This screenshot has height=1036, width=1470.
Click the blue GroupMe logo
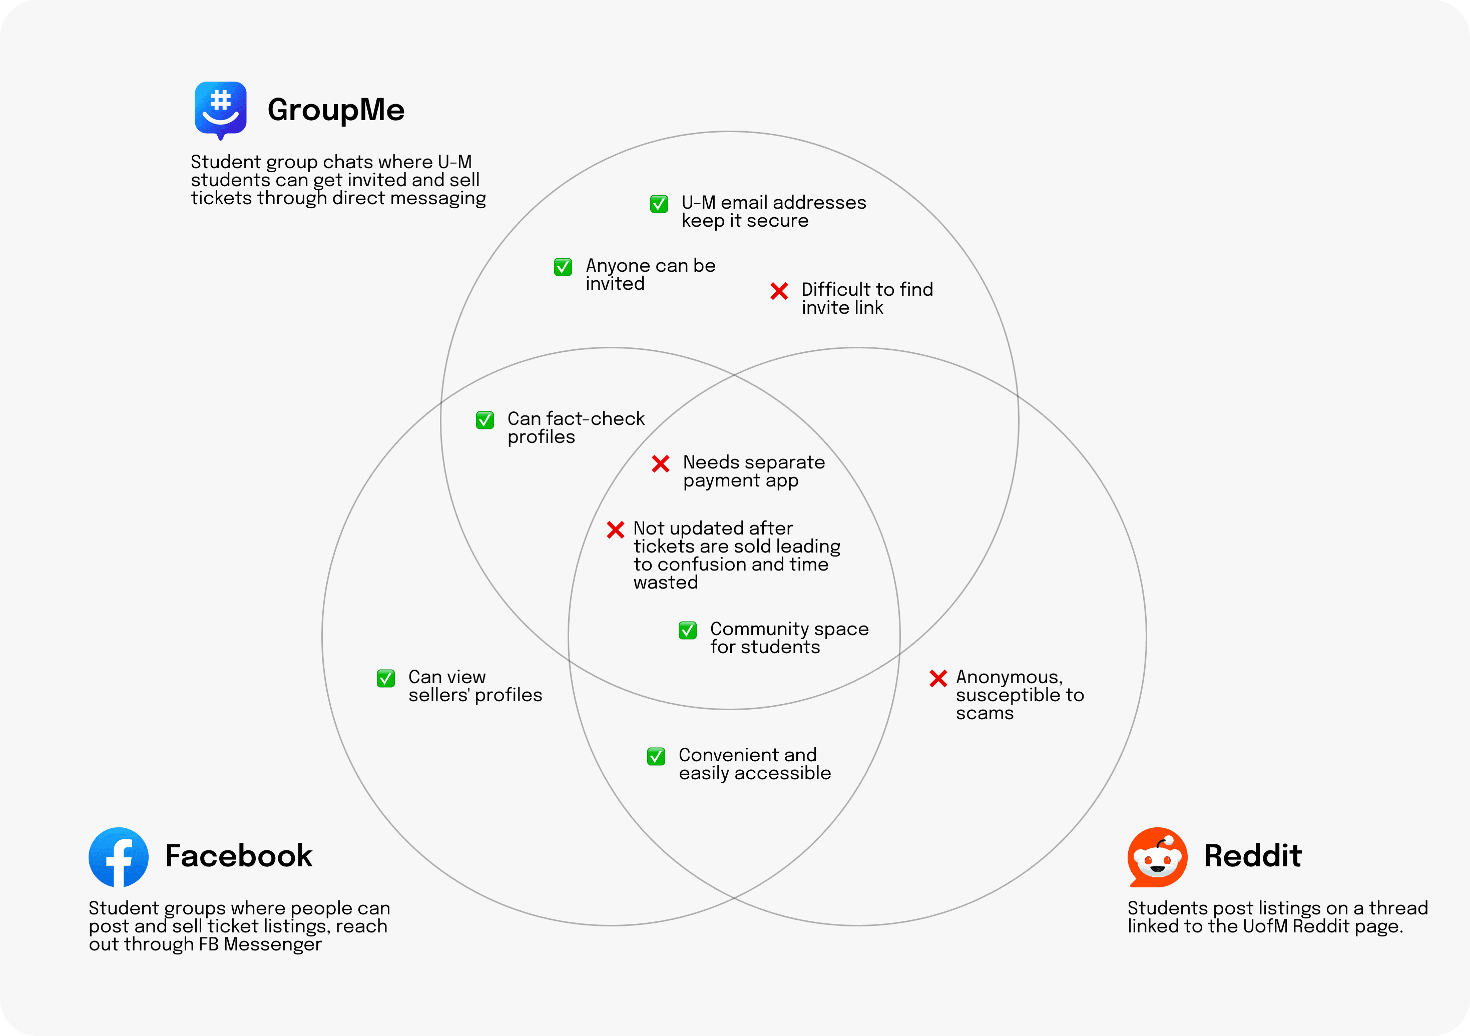220,109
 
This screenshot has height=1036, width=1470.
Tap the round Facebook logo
119,857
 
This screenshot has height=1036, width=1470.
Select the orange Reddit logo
1158,857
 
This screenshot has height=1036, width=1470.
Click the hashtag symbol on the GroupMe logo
220,100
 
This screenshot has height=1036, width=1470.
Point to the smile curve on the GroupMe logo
220,119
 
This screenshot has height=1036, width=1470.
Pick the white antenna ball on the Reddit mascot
1169,841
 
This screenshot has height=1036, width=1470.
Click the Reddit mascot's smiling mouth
1158,869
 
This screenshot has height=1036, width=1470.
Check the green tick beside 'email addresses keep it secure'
659,204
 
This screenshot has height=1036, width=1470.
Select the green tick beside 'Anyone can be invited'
563,267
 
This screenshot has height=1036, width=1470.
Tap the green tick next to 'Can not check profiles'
484,420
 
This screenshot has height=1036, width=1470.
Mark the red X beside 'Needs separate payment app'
661,463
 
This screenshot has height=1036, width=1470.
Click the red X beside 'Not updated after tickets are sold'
615,530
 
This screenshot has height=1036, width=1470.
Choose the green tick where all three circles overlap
688,631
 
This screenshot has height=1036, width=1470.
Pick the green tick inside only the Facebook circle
385,679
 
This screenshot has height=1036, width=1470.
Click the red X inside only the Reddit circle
938,679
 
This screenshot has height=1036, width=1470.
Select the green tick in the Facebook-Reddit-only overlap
656,757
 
